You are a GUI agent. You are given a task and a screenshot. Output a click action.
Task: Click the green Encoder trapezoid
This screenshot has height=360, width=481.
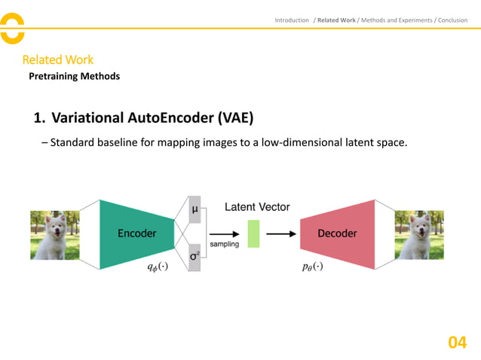pyautogui.click(x=136, y=233)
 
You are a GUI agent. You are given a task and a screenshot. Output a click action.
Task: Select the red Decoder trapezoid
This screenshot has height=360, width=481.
pyautogui.click(x=337, y=233)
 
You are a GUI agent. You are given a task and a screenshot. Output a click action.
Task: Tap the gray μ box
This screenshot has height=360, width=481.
pyautogui.click(x=195, y=209)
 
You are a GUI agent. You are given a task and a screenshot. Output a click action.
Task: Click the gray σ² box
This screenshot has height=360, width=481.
pyautogui.click(x=195, y=258)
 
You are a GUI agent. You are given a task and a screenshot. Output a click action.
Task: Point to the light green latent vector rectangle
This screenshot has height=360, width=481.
pyautogui.click(x=253, y=233)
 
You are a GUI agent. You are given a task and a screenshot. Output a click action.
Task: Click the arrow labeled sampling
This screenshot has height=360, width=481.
pyautogui.click(x=225, y=233)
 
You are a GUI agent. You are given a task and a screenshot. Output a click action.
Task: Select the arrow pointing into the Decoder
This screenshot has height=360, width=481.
pyautogui.click(x=281, y=233)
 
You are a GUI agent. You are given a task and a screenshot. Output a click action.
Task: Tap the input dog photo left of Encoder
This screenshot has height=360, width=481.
pyautogui.click(x=55, y=235)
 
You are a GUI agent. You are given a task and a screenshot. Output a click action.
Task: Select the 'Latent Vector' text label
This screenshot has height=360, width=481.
pyautogui.click(x=257, y=207)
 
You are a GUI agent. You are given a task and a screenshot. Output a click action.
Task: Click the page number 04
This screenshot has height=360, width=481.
pyautogui.click(x=457, y=343)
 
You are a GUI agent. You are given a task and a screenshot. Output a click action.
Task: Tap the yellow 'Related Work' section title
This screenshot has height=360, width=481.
pyautogui.click(x=57, y=59)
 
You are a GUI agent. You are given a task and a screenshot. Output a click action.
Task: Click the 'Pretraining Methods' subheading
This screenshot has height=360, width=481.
pyautogui.click(x=74, y=76)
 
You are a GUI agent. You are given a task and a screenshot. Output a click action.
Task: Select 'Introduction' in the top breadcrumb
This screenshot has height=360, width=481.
pyautogui.click(x=292, y=20)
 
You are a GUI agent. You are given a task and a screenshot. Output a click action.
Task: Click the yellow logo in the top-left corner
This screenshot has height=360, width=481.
pyautogui.click(x=12, y=29)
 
